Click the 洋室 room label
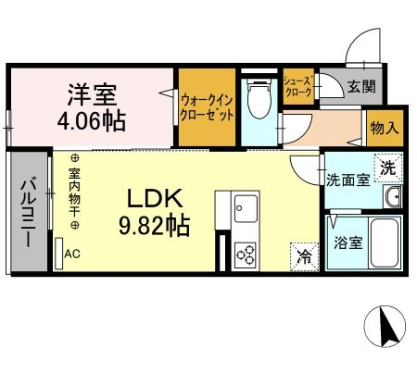pyautogui.click(x=92, y=94)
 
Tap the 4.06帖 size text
pyautogui.click(x=92, y=121)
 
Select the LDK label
pyautogui.click(x=155, y=199)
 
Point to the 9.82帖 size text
pyautogui.click(x=154, y=226)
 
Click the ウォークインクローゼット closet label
pyautogui.click(x=207, y=108)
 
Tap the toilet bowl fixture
pyautogui.click(x=259, y=99)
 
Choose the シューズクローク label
pyautogui.click(x=298, y=87)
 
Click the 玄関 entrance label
pyautogui.click(x=361, y=86)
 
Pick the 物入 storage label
pyautogui.click(x=385, y=128)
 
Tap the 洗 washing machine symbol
pyautogui.click(x=388, y=168)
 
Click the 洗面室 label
pyautogui.click(x=348, y=180)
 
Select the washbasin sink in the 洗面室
pyautogui.click(x=392, y=196)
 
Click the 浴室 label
pyautogui.click(x=348, y=243)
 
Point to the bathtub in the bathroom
pyautogui.click(x=385, y=242)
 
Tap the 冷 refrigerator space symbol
pyautogui.click(x=304, y=257)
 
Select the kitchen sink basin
pyautogui.click(x=246, y=208)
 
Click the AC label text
pyautogui.click(x=72, y=254)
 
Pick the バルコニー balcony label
pyautogui.click(x=29, y=212)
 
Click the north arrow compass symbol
pyautogui.click(x=385, y=327)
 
